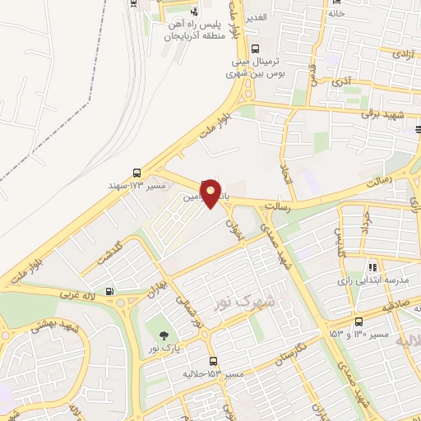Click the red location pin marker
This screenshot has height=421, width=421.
[x=211, y=193]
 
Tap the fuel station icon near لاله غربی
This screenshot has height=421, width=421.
[x=110, y=290]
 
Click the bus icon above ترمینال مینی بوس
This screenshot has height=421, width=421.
[x=255, y=49]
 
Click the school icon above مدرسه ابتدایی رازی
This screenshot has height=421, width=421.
[x=372, y=267]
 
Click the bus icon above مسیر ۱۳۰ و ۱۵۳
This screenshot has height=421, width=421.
[x=359, y=322]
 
